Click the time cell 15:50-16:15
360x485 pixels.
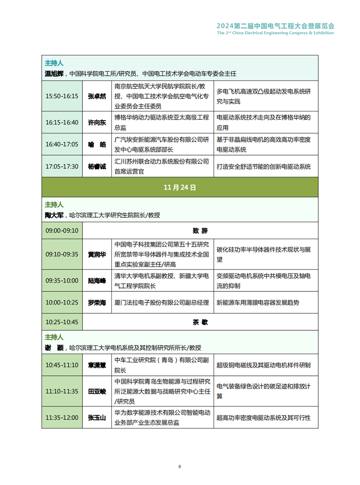[x=62, y=96]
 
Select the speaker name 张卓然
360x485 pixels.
[x=97, y=96]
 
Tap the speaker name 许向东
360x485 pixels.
[x=97, y=122]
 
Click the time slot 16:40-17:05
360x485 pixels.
[x=62, y=145]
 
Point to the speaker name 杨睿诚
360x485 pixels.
[x=97, y=166]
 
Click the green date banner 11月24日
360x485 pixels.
[x=180, y=187]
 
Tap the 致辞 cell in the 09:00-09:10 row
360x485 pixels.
[x=200, y=230]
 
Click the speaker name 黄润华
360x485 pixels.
[x=97, y=254]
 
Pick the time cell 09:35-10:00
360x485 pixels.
[x=62, y=280]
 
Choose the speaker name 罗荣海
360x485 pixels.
[x=97, y=303]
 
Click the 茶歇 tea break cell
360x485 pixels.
[x=200, y=322]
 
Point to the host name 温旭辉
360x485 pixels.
[x=54, y=74]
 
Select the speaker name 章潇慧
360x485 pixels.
[x=97, y=365]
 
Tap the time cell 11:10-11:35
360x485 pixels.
[x=62, y=391]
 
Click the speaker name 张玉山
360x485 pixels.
[x=97, y=418]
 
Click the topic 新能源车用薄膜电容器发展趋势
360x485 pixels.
[x=257, y=303]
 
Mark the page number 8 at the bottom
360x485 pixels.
[x=180, y=467]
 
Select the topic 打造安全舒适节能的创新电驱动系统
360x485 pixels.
[x=263, y=166]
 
